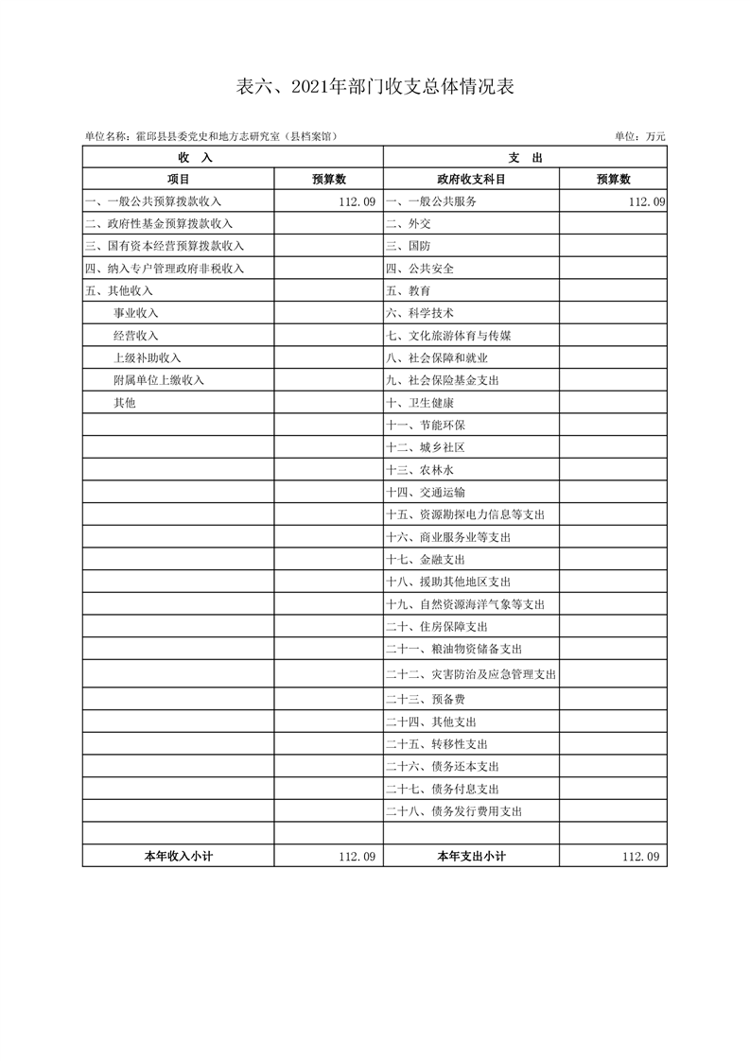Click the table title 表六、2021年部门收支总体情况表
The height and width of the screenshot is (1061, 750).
[x=375, y=88]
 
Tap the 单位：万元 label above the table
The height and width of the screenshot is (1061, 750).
[x=640, y=137]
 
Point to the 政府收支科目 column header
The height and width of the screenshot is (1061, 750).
[x=471, y=179]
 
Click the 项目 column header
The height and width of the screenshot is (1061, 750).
[x=178, y=179]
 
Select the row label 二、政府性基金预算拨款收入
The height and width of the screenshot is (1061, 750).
[x=158, y=224]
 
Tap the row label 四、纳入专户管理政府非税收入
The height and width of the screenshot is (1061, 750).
[x=164, y=269]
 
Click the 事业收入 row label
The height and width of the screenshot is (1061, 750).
[x=135, y=313]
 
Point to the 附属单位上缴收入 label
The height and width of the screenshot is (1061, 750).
[x=158, y=380]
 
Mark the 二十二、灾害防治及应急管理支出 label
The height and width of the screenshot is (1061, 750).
[x=470, y=675]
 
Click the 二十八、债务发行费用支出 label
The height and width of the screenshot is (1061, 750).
[x=454, y=811]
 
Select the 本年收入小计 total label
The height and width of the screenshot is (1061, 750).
[x=178, y=856]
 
